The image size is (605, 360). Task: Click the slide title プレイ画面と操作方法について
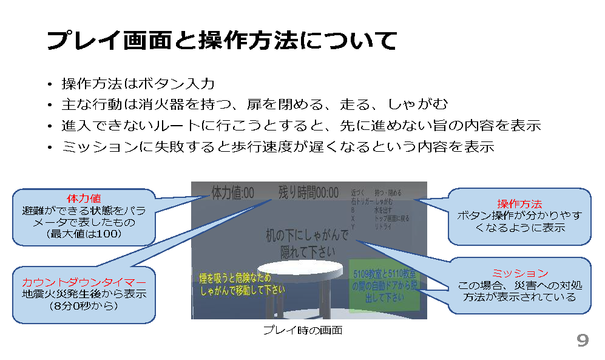click(221, 41)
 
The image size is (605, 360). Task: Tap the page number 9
click(582, 341)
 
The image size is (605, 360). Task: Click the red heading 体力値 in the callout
click(84, 199)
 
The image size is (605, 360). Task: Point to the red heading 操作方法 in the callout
click(519, 204)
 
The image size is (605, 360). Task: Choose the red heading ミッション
click(519, 274)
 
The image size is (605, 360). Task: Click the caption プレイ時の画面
click(302, 330)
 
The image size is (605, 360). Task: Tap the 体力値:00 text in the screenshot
click(232, 193)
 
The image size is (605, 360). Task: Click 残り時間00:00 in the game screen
click(308, 193)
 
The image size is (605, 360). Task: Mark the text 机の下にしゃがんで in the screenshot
click(308, 234)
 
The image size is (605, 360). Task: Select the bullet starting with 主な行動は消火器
click(255, 104)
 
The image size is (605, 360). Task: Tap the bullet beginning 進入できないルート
click(301, 126)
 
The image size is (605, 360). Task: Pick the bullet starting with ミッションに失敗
click(278, 147)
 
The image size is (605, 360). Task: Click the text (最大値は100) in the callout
click(84, 234)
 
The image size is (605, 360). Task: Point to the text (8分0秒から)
click(84, 305)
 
